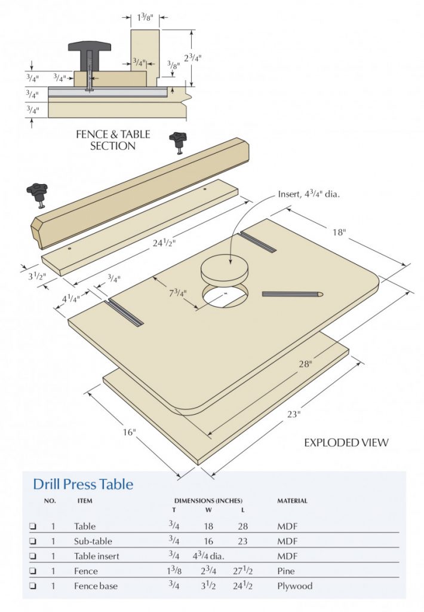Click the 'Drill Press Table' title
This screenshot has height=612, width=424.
[x=83, y=484]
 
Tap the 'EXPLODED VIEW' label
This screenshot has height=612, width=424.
[x=346, y=442]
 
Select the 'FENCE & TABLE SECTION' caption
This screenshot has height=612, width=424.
[x=113, y=140]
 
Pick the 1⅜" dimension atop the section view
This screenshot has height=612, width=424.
[x=145, y=18]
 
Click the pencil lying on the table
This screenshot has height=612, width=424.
[x=293, y=293]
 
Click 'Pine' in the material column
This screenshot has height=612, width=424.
[x=286, y=571]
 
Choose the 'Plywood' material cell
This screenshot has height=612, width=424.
[x=294, y=586]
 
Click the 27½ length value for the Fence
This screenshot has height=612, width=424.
[x=242, y=571]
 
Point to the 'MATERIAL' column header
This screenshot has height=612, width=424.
[x=292, y=501]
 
